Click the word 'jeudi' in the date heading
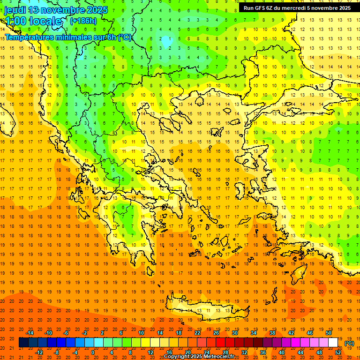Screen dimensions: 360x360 (x=15, y=9)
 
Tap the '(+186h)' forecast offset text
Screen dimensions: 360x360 (x=83, y=21)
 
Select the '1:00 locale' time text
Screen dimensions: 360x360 (x=33, y=21)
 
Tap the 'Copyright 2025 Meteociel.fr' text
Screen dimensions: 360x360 (x=199, y=357)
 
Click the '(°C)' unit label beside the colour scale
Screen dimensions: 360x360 (x=349, y=343)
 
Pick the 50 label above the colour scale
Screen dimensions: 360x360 (x=329, y=333)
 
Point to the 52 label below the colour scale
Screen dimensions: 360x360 (x=337, y=352)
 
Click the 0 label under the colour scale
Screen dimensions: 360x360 (x=92, y=352)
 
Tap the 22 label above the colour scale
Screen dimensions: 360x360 (x=197, y=333)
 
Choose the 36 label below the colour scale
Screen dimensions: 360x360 (x=262, y=352)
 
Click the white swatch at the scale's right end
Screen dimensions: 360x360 (x=333, y=343)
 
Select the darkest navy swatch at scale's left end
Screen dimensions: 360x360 (x=23, y=343)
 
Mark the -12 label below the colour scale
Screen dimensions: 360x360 (x=39, y=352)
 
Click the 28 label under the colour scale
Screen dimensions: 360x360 (x=225, y=352)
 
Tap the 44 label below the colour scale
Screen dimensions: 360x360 (x=300, y=352)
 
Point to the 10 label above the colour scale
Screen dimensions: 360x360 (x=141, y=333)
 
